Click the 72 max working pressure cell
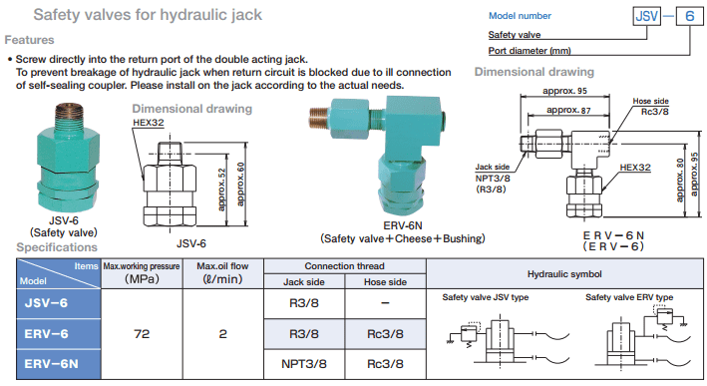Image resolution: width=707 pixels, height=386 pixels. tap(142, 334)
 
